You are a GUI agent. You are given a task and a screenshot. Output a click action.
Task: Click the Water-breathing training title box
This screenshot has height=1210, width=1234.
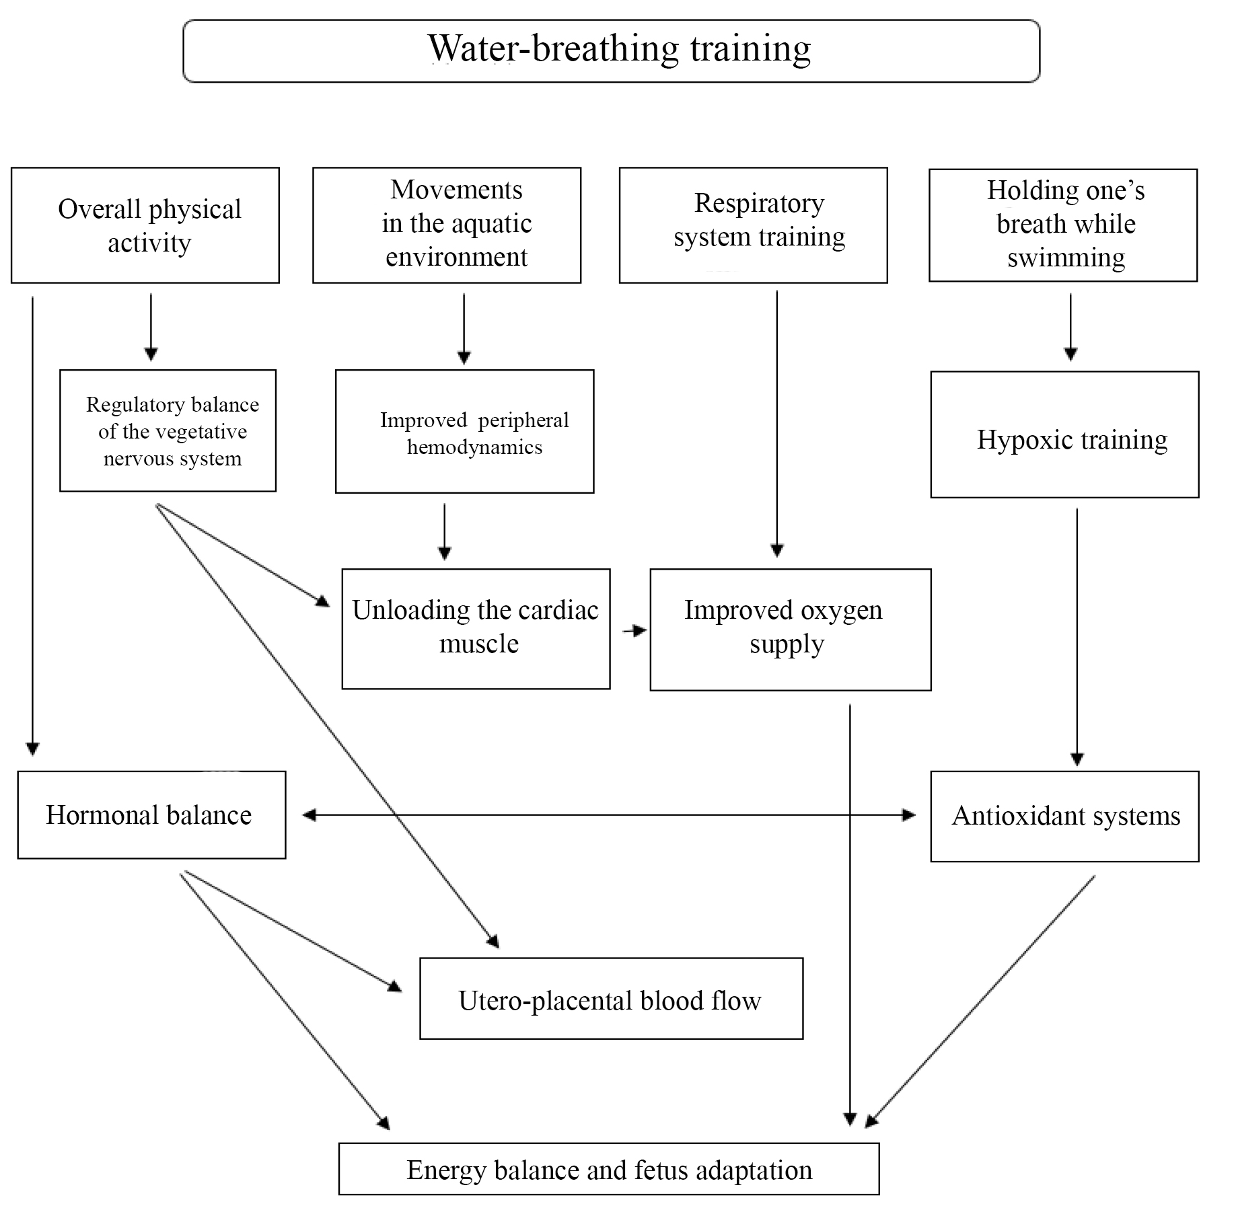click(611, 51)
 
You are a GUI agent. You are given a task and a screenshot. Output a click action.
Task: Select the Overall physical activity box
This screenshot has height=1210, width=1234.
click(145, 225)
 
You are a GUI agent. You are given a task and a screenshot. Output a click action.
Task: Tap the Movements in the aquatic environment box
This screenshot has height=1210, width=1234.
click(447, 225)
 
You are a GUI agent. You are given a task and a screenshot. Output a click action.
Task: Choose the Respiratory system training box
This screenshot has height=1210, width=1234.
click(753, 225)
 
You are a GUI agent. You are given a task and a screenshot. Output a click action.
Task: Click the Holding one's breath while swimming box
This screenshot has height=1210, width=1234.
click(1063, 225)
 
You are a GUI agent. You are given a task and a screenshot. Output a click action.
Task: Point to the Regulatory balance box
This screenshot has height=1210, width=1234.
click(168, 430)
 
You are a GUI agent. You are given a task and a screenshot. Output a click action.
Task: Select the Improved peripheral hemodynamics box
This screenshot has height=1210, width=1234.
click(464, 432)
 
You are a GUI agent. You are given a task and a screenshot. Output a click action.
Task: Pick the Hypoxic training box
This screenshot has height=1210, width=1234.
click(1064, 434)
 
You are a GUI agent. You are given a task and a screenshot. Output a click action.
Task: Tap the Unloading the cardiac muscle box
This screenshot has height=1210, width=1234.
click(476, 629)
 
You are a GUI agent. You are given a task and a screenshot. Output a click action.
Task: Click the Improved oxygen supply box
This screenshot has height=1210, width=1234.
click(791, 630)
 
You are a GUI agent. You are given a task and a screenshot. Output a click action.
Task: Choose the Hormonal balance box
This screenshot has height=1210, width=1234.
click(151, 815)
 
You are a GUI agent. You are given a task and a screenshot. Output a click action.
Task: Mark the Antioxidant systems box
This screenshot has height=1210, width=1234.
click(1064, 816)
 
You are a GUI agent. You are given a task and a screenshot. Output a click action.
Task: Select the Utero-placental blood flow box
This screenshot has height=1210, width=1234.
click(611, 999)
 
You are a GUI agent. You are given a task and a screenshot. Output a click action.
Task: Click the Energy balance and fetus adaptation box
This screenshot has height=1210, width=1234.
click(609, 1171)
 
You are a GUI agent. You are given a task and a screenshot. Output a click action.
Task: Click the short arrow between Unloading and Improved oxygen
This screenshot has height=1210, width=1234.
click(634, 631)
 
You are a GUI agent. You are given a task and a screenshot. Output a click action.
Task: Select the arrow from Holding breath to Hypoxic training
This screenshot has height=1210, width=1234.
click(1070, 326)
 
